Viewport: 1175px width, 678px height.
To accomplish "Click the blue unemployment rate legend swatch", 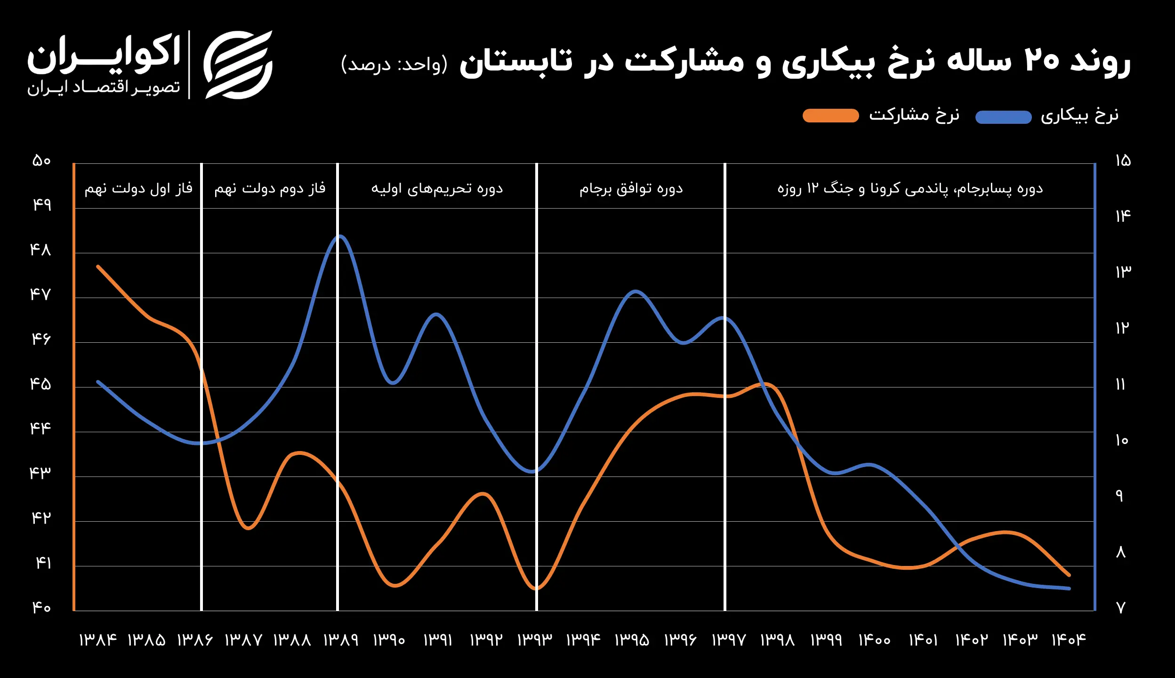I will [x=1003, y=117].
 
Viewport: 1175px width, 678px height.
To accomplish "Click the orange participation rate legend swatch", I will [x=830, y=115].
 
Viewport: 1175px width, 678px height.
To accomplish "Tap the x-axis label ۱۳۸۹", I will [x=341, y=640].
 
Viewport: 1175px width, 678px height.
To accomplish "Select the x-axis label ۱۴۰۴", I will [x=1069, y=640].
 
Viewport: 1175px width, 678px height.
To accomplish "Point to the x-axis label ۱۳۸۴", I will [x=97, y=640].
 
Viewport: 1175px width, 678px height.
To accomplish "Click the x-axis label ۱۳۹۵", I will [x=632, y=640].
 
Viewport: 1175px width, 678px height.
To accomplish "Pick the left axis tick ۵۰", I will [x=41, y=161].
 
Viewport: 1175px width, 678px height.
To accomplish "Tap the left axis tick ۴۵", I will [x=40, y=384].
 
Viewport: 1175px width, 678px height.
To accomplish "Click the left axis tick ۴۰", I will [x=41, y=607].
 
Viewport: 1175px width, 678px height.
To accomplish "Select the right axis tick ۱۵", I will [x=1123, y=161].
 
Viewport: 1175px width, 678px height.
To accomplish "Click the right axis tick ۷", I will [x=1120, y=608].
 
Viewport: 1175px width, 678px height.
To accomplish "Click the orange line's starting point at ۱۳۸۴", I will [x=98, y=266].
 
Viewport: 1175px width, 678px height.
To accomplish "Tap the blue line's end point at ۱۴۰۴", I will [x=1069, y=589].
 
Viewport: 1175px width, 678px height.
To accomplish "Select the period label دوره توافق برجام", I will [x=631, y=189].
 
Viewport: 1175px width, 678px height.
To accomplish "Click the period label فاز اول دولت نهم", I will [x=138, y=189].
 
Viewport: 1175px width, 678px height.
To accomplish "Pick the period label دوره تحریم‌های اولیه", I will [x=437, y=189].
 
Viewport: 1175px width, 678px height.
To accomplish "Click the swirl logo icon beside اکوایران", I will [x=238, y=65].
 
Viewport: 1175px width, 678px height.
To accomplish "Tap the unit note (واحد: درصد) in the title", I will [x=394, y=64].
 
